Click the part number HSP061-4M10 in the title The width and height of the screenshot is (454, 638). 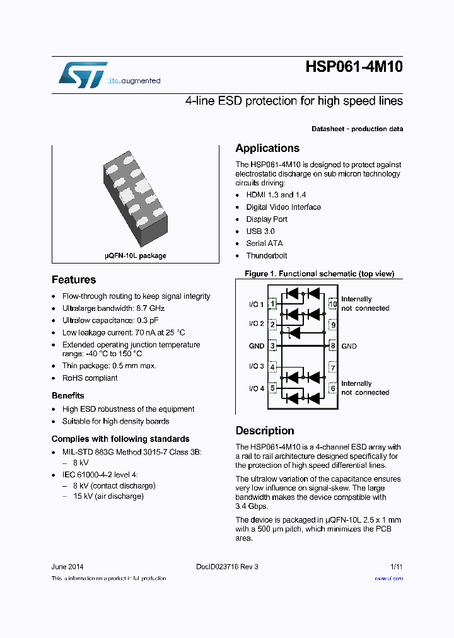(354, 68)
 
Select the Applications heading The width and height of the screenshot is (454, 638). (267, 149)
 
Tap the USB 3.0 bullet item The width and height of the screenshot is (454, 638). (260, 231)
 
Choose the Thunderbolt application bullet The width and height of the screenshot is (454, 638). (266, 255)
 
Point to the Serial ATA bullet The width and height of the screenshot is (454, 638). (264, 243)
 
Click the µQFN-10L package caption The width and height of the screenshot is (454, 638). (135, 256)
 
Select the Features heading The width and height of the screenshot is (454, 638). (74, 280)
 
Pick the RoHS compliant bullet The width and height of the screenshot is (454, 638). (90, 378)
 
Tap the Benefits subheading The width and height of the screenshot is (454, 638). (67, 396)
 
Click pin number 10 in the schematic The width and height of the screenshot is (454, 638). (333, 304)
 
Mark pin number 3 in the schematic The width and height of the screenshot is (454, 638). (273, 346)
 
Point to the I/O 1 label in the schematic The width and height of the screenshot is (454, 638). (256, 304)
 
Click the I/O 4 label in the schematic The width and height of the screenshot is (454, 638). (256, 388)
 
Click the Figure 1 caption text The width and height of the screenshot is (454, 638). (319, 274)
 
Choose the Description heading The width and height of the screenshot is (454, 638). (265, 431)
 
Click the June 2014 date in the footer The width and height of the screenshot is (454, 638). (67, 567)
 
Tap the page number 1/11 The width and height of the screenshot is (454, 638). (396, 567)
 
